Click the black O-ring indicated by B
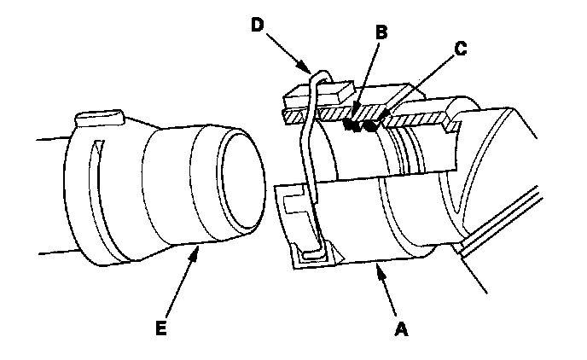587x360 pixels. pyautogui.click(x=350, y=125)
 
